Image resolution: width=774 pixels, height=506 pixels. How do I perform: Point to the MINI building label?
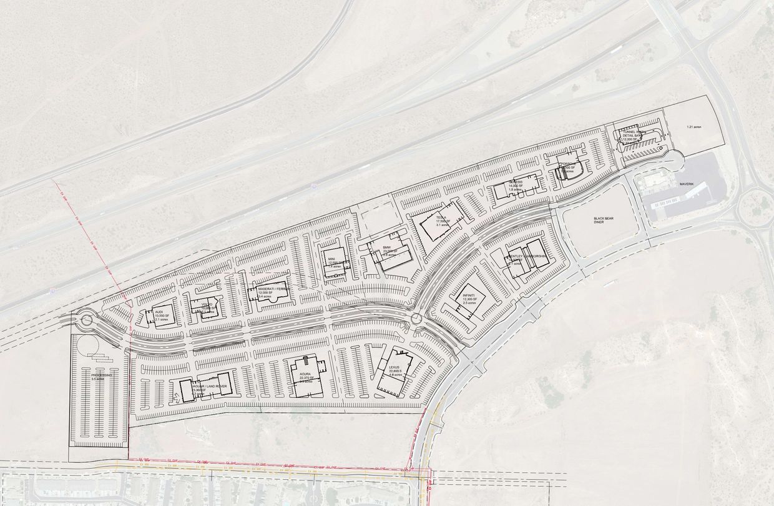pyautogui.click(x=332, y=259)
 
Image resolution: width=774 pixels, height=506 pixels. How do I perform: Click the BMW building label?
pyautogui.click(x=386, y=248)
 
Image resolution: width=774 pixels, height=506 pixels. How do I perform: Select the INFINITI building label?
pyautogui.click(x=469, y=296)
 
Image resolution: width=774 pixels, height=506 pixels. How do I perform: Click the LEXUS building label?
pyautogui.click(x=393, y=368)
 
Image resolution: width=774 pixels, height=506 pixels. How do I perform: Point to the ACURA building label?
pyautogui.click(x=305, y=374)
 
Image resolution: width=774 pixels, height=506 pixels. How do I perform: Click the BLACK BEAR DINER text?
pyautogui.click(x=602, y=222)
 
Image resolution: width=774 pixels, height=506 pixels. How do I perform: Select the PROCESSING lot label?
pyautogui.click(x=100, y=375)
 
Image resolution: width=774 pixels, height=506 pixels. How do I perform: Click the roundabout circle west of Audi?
pyautogui.click(x=86, y=320)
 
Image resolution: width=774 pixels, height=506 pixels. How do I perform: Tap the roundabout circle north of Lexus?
pyautogui.click(x=416, y=319)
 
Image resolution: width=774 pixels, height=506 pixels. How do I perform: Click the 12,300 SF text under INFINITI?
pyautogui.click(x=469, y=300)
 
